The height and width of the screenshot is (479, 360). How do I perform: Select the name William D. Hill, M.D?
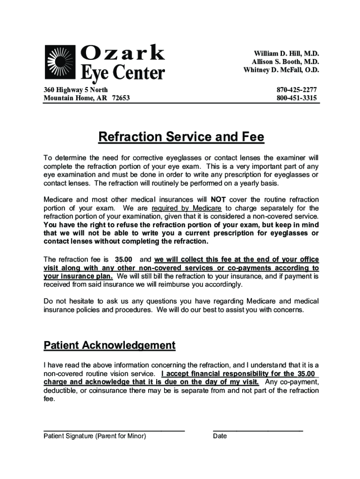286,54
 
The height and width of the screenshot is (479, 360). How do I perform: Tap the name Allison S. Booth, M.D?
285,62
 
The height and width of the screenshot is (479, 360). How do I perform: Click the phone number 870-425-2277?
296,89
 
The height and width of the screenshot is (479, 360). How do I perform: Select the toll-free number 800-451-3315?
296,98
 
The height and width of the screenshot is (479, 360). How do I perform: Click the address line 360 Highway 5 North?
76,89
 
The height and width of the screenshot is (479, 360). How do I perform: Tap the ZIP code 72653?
121,98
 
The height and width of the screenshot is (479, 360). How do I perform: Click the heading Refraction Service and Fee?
181,138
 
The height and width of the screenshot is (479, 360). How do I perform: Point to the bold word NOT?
218,200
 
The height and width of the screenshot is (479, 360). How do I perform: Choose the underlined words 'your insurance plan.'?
78,276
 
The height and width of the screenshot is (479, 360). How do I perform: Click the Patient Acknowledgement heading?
109,346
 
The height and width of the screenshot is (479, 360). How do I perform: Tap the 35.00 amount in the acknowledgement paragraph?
307,373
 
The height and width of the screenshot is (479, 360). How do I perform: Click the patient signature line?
114,429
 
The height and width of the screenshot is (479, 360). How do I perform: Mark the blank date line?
258,429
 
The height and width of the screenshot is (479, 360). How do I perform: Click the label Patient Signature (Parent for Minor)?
95,436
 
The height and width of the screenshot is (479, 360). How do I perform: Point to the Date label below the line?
220,436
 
